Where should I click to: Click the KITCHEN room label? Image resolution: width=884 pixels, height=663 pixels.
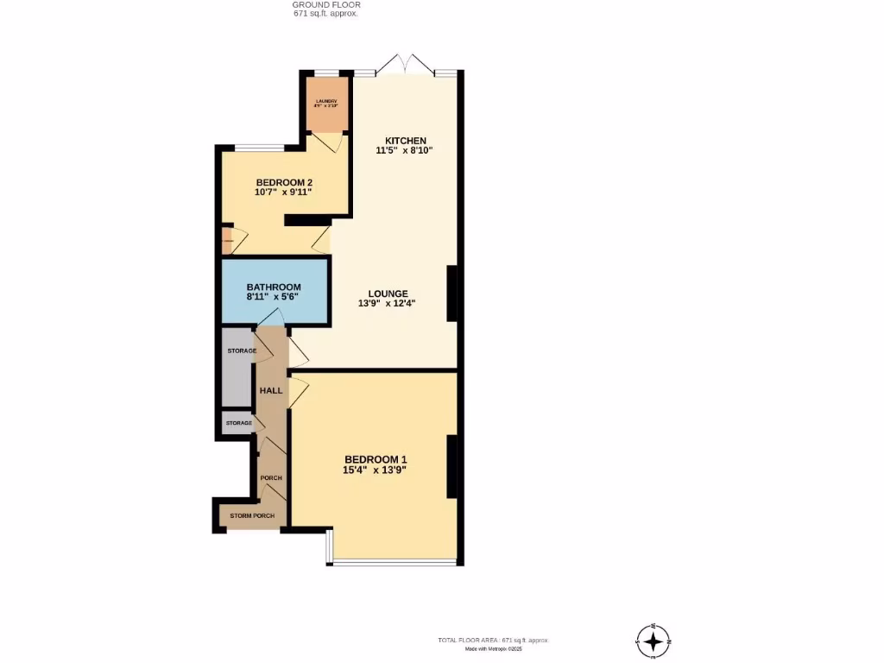[406, 141]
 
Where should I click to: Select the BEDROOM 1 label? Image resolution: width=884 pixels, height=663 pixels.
[375, 459]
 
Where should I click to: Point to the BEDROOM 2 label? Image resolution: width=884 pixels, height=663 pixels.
[283, 182]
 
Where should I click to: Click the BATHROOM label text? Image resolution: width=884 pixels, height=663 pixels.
[274, 287]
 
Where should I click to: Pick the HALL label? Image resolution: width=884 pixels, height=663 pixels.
[271, 391]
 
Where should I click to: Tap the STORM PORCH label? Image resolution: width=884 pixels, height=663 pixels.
[252, 516]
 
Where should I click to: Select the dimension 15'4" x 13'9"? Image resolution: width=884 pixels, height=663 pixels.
[375, 470]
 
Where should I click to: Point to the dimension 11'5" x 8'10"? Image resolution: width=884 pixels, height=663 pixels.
[403, 150]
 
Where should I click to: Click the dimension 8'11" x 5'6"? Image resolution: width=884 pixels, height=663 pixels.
[273, 297]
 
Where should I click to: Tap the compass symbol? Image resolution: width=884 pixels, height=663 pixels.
[654, 641]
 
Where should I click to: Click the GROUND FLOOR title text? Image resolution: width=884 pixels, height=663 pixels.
[325, 5]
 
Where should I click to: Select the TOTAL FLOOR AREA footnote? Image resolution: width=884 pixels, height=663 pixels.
[493, 640]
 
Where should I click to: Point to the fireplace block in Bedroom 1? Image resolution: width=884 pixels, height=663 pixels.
[451, 467]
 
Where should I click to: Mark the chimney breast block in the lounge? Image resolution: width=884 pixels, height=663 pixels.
[451, 294]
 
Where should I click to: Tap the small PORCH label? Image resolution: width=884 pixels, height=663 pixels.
[271, 478]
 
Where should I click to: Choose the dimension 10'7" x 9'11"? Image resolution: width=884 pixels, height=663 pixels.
[283, 193]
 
